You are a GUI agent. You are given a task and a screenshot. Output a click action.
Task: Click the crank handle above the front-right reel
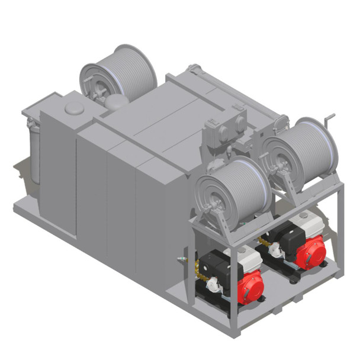click(330, 118)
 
